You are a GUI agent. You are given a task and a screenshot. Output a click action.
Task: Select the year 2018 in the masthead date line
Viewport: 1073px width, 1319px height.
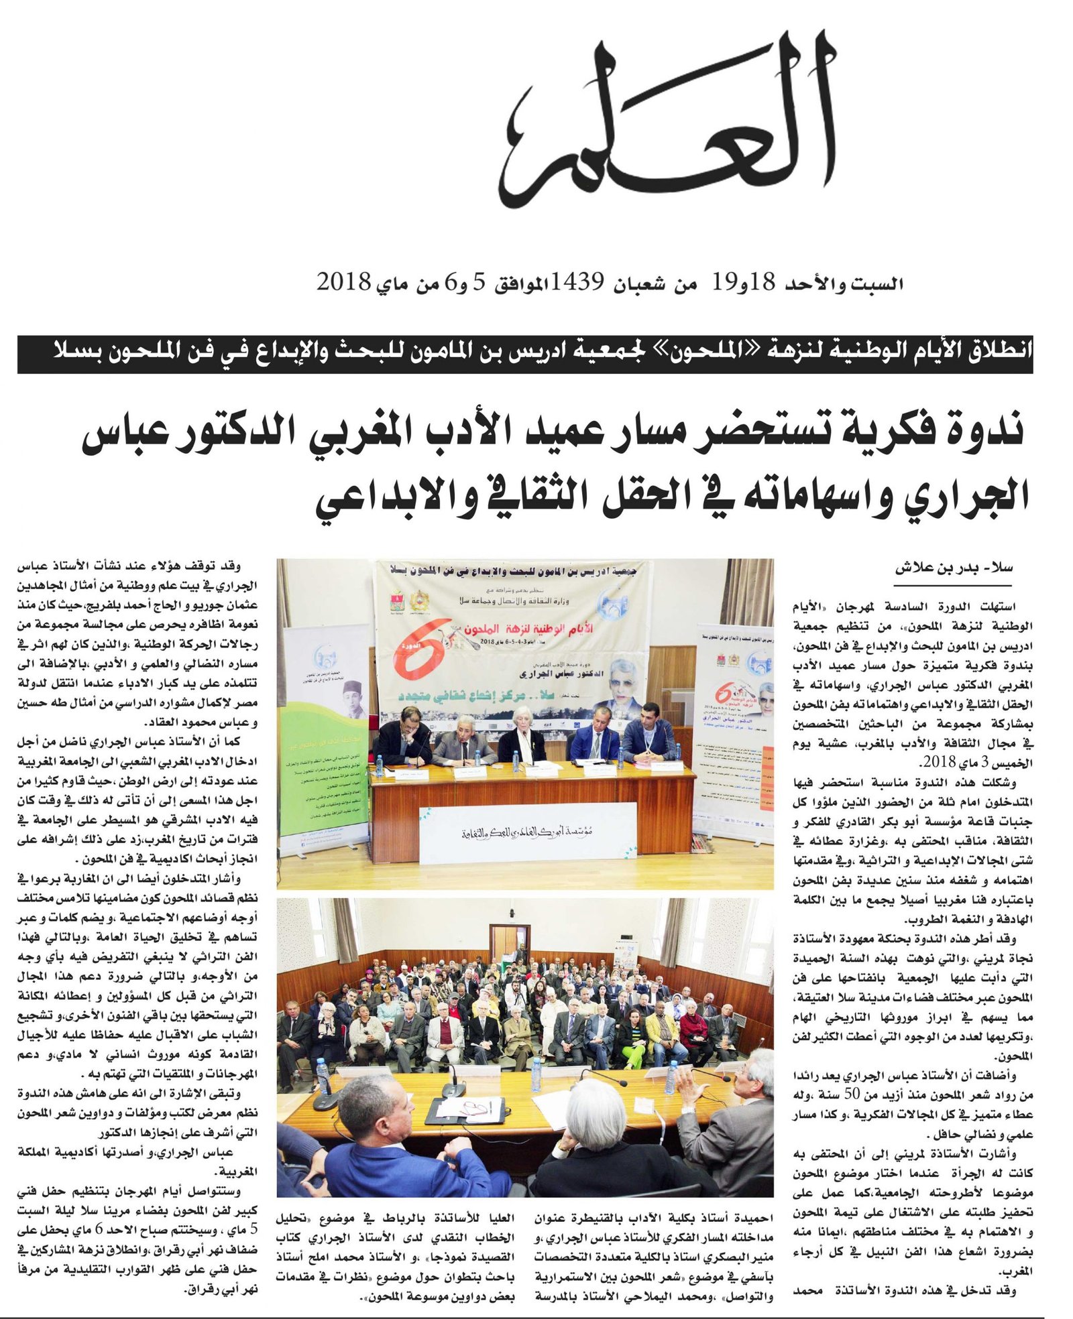(x=343, y=282)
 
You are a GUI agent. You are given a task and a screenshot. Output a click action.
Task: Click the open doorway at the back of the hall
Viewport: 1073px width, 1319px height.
(x=502, y=944)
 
